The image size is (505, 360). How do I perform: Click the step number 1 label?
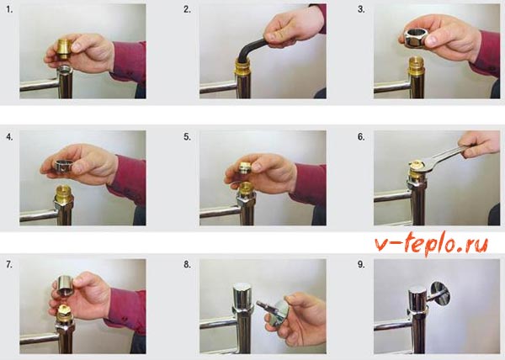(x=9, y=10)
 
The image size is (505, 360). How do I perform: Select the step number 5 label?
(x=187, y=137)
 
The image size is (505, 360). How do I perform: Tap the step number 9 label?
(x=361, y=264)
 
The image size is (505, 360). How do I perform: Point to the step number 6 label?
(x=361, y=137)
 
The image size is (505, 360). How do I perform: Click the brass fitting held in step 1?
(x=64, y=49)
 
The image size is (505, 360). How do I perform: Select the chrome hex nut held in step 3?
(x=416, y=38)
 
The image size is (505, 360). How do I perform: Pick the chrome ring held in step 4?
(x=64, y=166)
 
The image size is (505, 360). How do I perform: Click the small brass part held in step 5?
(x=245, y=168)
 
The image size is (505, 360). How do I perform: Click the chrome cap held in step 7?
(x=66, y=285)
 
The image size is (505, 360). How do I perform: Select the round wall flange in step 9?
(x=440, y=293)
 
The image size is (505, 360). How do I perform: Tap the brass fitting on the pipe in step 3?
(x=417, y=66)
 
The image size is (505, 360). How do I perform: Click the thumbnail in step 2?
(x=270, y=36)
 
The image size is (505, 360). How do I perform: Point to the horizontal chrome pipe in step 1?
(x=39, y=85)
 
